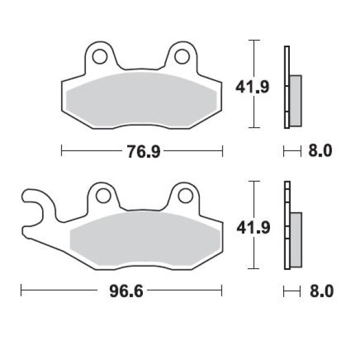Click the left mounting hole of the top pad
(x=100, y=56)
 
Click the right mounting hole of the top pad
(x=182, y=56)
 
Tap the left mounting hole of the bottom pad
(x=103, y=196)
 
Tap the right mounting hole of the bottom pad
(x=185, y=196)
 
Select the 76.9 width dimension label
(x=143, y=151)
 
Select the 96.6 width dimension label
(x=126, y=290)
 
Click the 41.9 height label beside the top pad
(x=252, y=87)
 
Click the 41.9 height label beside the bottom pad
(x=253, y=228)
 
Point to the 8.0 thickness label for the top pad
(x=320, y=151)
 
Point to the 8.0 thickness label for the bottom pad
(x=322, y=291)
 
